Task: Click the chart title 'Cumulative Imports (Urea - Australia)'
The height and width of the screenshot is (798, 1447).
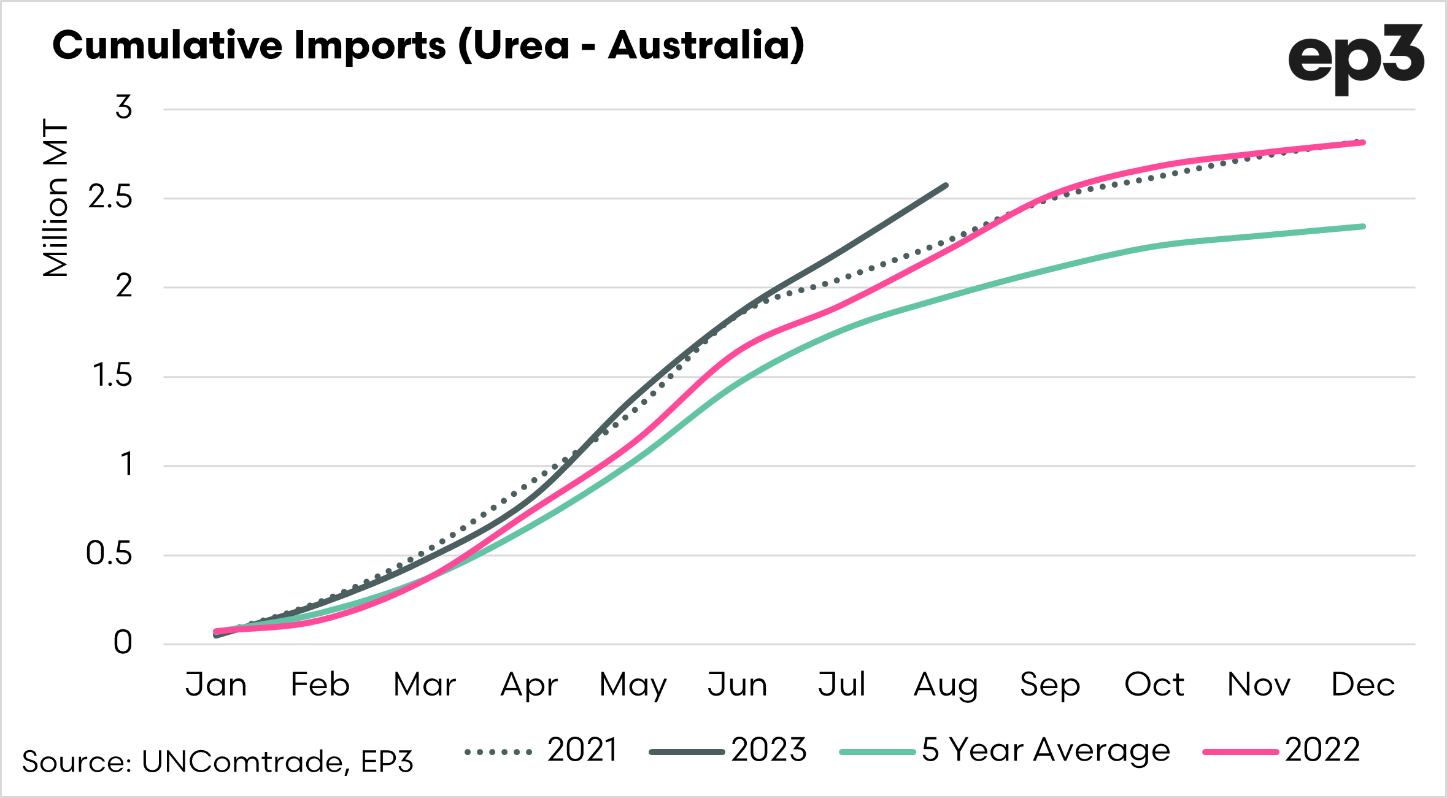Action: pyautogui.click(x=428, y=45)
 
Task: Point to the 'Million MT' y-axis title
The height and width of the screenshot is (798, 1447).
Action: pyautogui.click(x=56, y=199)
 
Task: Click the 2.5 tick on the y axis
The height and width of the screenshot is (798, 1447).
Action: pyautogui.click(x=110, y=198)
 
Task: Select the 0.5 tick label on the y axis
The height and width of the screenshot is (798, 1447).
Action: pyautogui.click(x=109, y=554)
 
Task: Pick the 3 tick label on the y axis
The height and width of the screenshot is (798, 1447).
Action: pyautogui.click(x=124, y=108)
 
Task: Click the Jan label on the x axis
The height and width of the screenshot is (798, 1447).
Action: pyautogui.click(x=216, y=685)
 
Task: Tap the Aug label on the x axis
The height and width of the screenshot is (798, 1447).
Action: pyautogui.click(x=946, y=686)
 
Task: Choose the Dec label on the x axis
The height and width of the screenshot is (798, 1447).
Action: pyautogui.click(x=1363, y=685)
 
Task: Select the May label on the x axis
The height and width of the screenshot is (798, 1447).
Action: pyautogui.click(x=633, y=686)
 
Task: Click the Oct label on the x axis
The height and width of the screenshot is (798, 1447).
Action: pyautogui.click(x=1154, y=685)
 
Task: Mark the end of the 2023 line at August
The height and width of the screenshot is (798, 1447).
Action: pyautogui.click(x=946, y=185)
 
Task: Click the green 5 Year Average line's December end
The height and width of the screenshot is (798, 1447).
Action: pyautogui.click(x=1363, y=227)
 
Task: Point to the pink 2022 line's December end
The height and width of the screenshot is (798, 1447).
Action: pyautogui.click(x=1363, y=143)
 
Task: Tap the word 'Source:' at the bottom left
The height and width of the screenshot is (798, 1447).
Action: pyautogui.click(x=77, y=762)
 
